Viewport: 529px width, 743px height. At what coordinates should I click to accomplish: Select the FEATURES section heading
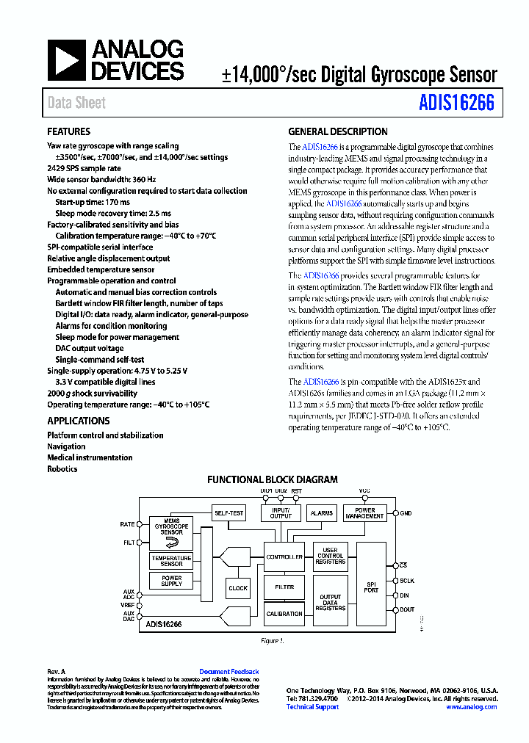tap(68, 132)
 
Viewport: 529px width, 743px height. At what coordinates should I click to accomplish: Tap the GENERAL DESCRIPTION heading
tap(337, 132)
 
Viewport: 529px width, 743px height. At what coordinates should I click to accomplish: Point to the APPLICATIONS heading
tap(78, 421)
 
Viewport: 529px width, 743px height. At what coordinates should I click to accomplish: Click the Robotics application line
tap(62, 469)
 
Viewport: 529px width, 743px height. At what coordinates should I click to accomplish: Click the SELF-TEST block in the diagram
tap(228, 513)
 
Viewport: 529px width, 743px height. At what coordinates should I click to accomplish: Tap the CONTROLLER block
tap(284, 557)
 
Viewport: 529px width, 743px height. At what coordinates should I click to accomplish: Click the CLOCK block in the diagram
tap(238, 588)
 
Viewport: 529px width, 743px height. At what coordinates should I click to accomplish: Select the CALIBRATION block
tap(284, 614)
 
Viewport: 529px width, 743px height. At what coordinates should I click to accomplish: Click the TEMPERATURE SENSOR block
tap(171, 561)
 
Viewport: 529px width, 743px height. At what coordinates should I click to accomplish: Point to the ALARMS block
tap(322, 513)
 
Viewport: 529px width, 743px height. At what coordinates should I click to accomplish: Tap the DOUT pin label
tap(407, 609)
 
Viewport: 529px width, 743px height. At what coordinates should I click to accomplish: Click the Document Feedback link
tap(228, 672)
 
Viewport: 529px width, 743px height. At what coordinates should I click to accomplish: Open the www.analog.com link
tap(471, 707)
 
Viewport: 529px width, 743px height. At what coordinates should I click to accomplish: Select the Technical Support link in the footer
tap(312, 707)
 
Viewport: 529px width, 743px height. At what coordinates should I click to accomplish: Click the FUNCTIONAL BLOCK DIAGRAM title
tap(272, 479)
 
